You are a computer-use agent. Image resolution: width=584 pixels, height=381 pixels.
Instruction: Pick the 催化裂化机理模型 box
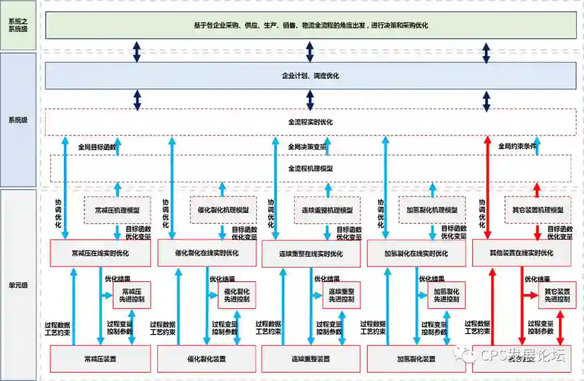(x=223, y=210)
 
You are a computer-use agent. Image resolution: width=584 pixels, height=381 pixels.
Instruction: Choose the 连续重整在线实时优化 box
(x=310, y=253)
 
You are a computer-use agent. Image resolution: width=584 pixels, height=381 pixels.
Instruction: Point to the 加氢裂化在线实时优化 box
(x=416, y=253)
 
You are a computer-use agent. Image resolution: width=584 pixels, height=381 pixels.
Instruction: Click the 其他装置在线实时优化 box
(x=521, y=253)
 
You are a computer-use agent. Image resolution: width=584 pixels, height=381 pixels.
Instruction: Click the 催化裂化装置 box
(x=207, y=359)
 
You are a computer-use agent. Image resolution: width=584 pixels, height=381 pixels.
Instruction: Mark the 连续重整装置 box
(x=310, y=359)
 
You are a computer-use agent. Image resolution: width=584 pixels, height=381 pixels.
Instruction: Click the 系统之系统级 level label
(x=18, y=25)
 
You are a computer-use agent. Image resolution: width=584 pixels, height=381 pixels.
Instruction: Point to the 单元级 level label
(x=18, y=285)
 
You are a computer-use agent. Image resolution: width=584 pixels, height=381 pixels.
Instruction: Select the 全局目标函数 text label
(x=97, y=146)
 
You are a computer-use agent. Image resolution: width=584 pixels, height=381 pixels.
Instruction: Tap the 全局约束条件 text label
(x=516, y=146)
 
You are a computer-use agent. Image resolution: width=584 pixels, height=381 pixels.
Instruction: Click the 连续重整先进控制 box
(x=341, y=295)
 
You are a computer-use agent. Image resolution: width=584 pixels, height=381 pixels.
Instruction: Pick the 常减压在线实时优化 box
(x=100, y=253)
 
